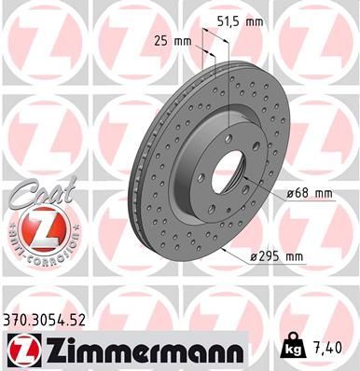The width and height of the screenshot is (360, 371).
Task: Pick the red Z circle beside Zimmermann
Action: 21,350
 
